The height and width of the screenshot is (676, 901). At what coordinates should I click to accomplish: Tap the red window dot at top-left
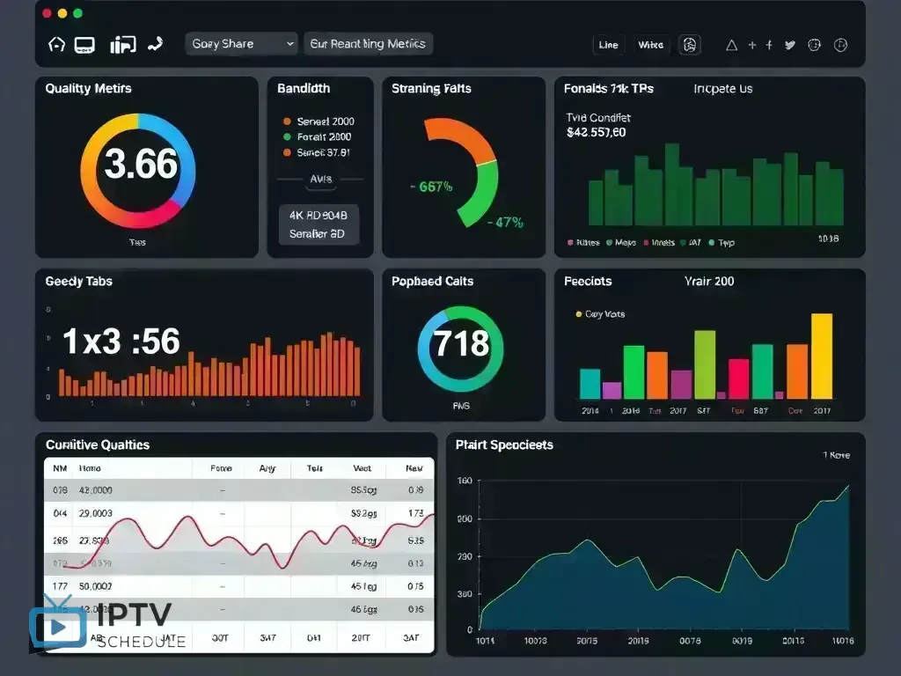[47, 13]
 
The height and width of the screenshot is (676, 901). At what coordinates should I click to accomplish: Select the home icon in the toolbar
[56, 44]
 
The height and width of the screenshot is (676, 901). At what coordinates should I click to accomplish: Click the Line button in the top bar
[608, 45]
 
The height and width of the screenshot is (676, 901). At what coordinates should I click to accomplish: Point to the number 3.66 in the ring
[141, 165]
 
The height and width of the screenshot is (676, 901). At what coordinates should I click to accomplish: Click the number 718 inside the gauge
[461, 342]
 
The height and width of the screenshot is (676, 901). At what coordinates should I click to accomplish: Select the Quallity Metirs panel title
[88, 89]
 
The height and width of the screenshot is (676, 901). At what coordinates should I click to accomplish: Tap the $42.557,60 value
[597, 133]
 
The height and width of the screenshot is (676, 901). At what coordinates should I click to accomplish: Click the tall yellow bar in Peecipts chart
[821, 356]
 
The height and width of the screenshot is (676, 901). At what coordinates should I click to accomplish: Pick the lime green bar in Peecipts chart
[705, 364]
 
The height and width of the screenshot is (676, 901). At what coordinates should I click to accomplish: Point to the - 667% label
[431, 187]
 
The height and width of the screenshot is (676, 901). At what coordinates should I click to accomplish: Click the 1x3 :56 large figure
[121, 342]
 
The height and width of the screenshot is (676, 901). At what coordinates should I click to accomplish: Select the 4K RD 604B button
[318, 215]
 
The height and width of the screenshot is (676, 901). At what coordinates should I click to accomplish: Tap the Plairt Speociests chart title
[504, 445]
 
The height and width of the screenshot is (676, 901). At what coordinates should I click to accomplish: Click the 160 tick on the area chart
[464, 481]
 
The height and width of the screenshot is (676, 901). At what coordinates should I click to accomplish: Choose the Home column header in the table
[90, 469]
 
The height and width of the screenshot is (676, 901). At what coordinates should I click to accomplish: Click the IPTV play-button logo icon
[58, 623]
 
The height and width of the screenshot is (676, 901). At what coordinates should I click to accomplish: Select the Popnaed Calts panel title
[432, 282]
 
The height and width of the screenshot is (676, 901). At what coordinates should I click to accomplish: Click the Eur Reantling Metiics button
[368, 44]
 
